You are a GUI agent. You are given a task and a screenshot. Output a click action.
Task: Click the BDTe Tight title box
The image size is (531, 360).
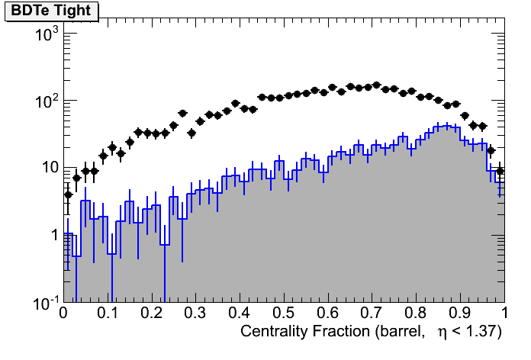(50, 11)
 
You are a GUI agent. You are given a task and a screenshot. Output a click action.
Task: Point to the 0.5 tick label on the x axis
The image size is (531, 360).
(284, 313)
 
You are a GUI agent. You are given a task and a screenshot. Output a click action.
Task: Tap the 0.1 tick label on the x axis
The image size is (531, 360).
(107, 313)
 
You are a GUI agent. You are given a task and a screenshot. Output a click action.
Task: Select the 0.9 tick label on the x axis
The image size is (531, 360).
(460, 313)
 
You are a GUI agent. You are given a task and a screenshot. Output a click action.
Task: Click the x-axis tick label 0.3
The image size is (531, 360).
(195, 313)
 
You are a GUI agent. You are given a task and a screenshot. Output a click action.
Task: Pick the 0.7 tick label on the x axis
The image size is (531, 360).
(372, 313)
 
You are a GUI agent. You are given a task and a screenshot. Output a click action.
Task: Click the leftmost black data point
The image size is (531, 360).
(68, 194)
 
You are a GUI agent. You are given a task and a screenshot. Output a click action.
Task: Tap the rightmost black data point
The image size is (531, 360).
(500, 171)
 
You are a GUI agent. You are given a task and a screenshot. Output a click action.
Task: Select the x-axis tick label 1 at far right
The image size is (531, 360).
(504, 313)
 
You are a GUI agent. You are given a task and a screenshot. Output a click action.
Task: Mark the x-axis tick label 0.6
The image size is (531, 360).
(328, 313)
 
